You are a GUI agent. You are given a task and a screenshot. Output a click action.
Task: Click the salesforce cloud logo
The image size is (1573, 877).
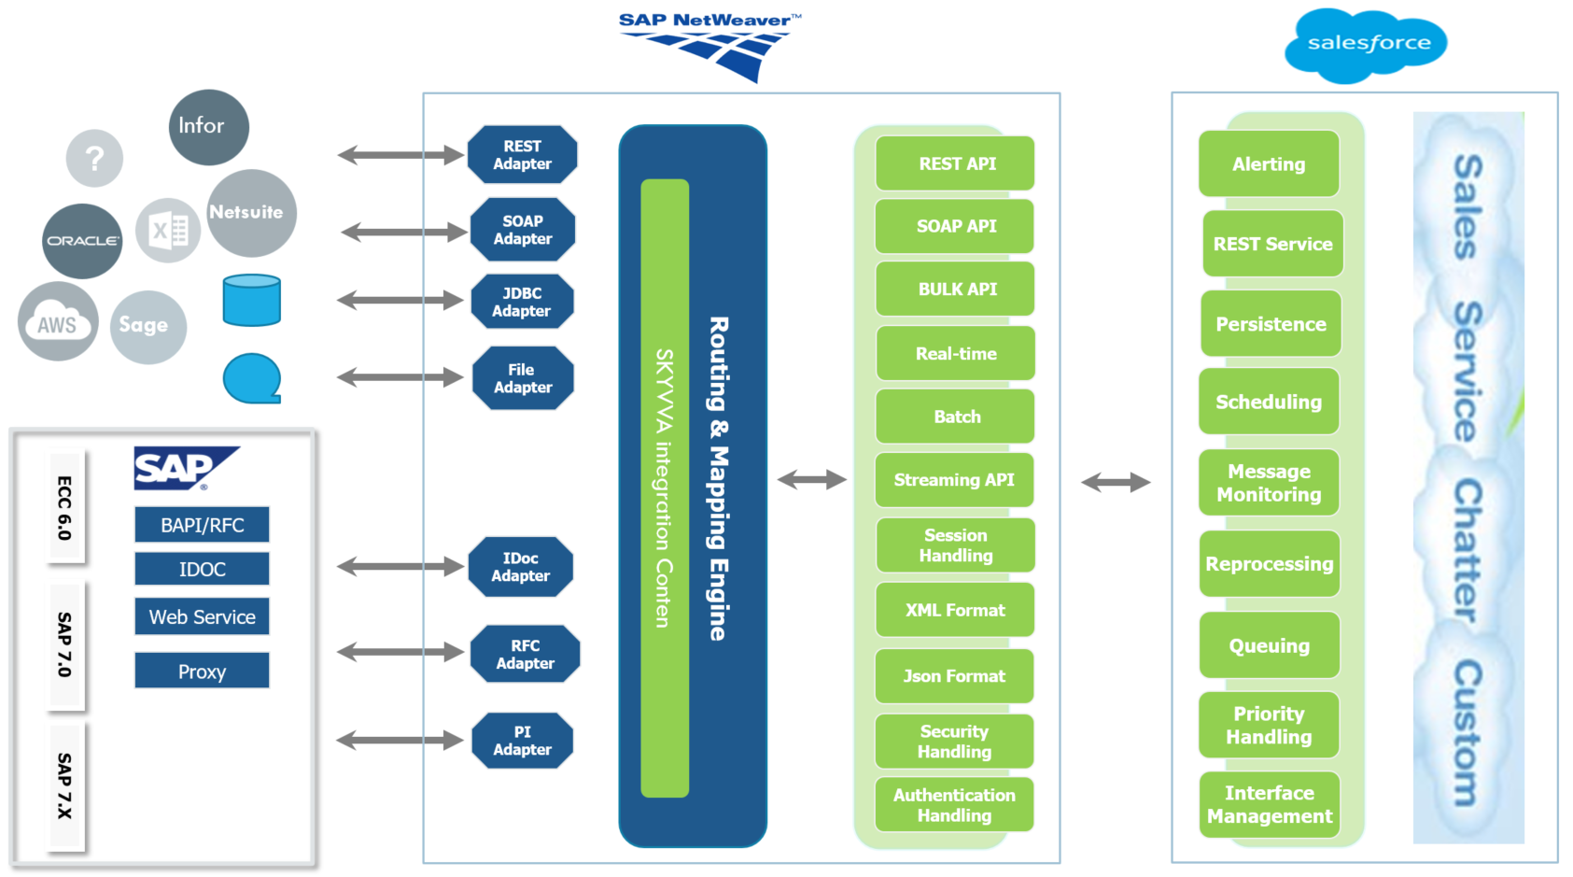click(x=1366, y=44)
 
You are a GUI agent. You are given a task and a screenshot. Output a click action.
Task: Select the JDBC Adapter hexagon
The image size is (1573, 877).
click(x=522, y=302)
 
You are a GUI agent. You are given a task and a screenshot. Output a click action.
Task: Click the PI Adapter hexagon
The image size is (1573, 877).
click(x=522, y=741)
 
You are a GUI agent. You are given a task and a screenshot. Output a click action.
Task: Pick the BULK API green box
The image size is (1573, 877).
click(x=955, y=290)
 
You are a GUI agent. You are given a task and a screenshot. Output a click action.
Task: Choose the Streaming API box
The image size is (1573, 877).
click(x=954, y=480)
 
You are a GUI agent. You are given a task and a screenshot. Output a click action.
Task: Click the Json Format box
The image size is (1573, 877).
click(x=954, y=676)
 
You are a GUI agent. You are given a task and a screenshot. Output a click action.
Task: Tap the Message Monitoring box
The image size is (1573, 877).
click(x=1269, y=483)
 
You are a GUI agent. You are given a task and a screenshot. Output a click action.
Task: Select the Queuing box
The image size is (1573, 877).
click(x=1269, y=645)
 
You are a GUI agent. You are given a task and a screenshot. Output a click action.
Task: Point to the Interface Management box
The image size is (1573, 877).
click(x=1269, y=804)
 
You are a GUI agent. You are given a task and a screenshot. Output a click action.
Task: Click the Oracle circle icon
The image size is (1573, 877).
click(x=82, y=241)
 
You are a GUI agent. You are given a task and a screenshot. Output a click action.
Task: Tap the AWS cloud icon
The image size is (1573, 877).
click(x=58, y=322)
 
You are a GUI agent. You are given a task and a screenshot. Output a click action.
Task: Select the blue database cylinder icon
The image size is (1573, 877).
click(x=252, y=300)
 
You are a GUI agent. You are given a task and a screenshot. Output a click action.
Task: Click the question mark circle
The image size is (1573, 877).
click(x=94, y=159)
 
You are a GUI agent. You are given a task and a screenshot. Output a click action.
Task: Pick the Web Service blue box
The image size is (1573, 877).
click(x=202, y=617)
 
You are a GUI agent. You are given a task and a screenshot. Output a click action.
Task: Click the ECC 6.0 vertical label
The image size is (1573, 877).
click(x=64, y=508)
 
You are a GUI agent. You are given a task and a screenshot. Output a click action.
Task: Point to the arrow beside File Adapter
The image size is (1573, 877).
click(x=400, y=377)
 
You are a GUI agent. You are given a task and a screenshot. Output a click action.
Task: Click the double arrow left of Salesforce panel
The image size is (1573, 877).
click(x=1116, y=482)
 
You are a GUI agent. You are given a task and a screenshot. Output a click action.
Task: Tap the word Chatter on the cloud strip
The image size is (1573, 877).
click(x=1467, y=551)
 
